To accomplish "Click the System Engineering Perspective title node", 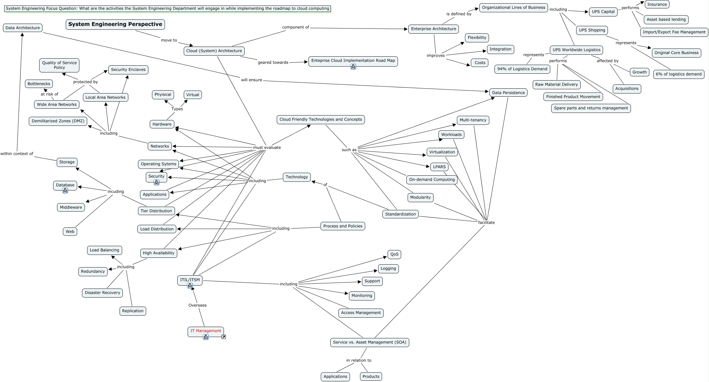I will click(x=115, y=24).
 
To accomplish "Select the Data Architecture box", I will click(x=23, y=28).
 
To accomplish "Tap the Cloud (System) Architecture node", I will click(x=214, y=51).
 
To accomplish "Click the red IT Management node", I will click(x=205, y=331).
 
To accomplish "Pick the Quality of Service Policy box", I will click(x=59, y=65).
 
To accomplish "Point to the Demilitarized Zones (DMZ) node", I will click(x=58, y=121).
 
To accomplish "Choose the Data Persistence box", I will click(x=508, y=93).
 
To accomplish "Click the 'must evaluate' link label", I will click(x=267, y=147).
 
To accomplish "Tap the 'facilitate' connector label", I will click(x=486, y=223).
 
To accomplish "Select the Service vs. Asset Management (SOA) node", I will click(x=369, y=342).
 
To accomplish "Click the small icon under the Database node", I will click(x=65, y=191).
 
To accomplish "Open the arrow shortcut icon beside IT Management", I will click(x=224, y=337).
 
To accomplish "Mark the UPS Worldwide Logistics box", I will click(x=576, y=50).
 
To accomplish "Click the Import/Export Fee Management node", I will click(x=674, y=32).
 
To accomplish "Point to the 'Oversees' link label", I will click(x=197, y=305).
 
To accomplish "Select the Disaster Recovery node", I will click(x=102, y=293).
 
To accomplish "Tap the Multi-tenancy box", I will click(x=473, y=120).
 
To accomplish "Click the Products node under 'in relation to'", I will click(x=371, y=377).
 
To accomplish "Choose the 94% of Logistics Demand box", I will click(x=522, y=69).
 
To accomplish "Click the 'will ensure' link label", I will click(x=251, y=80).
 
